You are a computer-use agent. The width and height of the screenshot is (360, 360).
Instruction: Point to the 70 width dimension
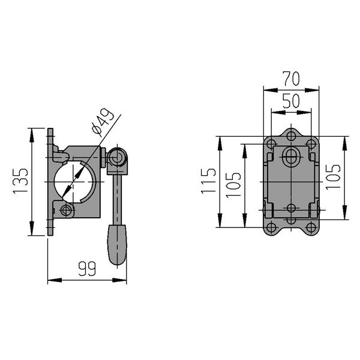[292, 79]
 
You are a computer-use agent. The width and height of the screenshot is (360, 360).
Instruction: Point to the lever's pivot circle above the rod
[116, 158]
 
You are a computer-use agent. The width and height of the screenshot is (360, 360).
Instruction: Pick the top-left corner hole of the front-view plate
[271, 144]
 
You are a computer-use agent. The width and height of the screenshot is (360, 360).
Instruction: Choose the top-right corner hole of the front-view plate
[311, 144]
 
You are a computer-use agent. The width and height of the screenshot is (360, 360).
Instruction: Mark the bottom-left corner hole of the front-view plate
[271, 228]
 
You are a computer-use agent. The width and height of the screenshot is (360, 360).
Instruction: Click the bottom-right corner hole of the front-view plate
[311, 228]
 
